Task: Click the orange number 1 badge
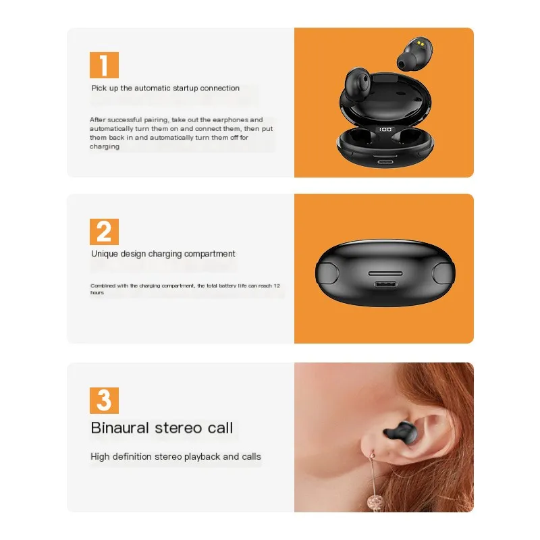(104, 65)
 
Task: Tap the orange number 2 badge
(104, 232)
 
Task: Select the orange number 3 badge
(104, 400)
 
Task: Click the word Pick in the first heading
(99, 88)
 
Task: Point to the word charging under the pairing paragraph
(105, 146)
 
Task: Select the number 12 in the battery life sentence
(277, 286)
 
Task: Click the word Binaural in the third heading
(120, 428)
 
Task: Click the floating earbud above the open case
(414, 54)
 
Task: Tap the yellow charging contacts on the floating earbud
(420, 43)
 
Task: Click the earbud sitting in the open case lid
(358, 84)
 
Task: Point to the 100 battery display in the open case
(385, 130)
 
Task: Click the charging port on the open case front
(385, 161)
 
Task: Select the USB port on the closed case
(385, 285)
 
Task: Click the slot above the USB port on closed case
(385, 273)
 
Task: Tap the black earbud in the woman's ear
(401, 432)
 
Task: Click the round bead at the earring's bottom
(375, 502)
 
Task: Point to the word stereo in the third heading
(178, 428)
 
